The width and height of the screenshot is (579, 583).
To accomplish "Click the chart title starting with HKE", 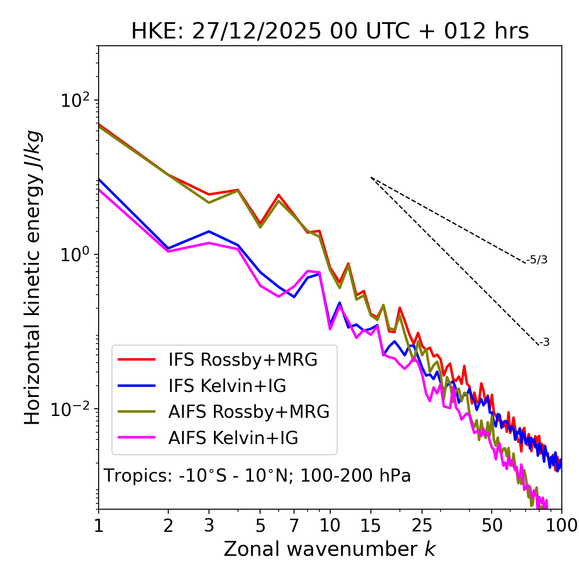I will pyautogui.click(x=330, y=31).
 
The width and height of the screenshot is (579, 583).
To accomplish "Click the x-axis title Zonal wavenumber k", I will pyautogui.click(x=329, y=549).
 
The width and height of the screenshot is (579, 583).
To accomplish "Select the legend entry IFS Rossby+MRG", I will pyautogui.click(x=242, y=360).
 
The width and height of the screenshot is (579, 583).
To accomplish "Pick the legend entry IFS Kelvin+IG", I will pyautogui.click(x=227, y=386).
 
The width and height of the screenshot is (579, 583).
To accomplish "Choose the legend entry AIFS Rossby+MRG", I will pyautogui.click(x=249, y=412).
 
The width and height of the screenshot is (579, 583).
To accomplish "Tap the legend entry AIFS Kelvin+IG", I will pyautogui.click(x=233, y=438).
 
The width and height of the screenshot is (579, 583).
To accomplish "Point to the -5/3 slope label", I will pyautogui.click(x=537, y=260).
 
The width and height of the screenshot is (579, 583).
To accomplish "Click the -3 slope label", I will pyautogui.click(x=544, y=342).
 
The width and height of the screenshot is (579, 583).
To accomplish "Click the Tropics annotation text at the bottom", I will pyautogui.click(x=257, y=476).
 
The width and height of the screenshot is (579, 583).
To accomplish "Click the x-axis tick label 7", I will pyautogui.click(x=294, y=526).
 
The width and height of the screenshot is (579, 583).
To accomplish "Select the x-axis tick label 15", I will pyautogui.click(x=370, y=526).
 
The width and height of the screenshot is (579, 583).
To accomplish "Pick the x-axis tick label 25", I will pyautogui.click(x=422, y=526).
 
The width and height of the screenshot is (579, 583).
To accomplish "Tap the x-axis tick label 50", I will pyautogui.click(x=492, y=526).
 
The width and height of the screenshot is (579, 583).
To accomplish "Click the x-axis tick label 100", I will pyautogui.click(x=561, y=526).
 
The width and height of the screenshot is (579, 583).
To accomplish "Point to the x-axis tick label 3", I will pyautogui.click(x=209, y=526).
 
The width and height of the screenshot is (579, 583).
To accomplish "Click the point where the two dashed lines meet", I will pyautogui.click(x=371, y=177).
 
